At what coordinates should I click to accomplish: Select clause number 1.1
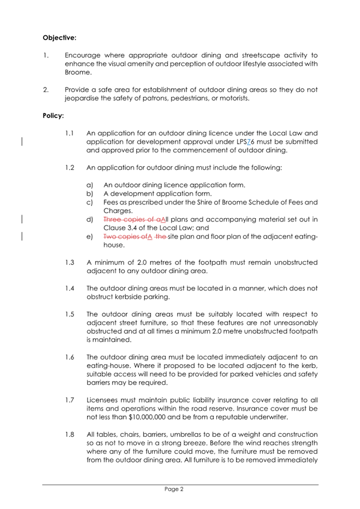point(69,133)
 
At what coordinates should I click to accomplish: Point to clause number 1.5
point(69,314)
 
